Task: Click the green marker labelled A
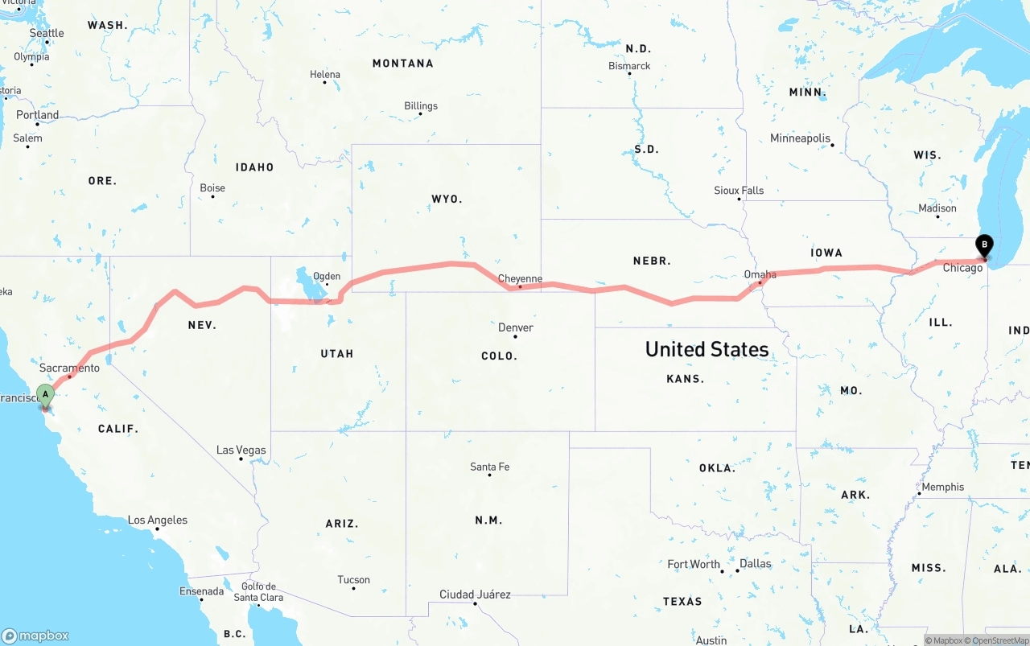(x=45, y=395)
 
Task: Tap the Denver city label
(x=515, y=327)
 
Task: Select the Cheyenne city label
(x=520, y=278)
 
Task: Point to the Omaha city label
(x=760, y=274)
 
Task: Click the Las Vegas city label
(x=241, y=450)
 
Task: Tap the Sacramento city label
(x=69, y=368)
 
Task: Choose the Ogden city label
(x=326, y=276)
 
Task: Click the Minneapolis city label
(x=800, y=138)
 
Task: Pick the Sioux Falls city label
(x=739, y=190)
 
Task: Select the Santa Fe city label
(x=489, y=467)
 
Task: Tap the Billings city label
(x=421, y=105)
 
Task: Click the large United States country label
(x=707, y=349)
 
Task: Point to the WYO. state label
(x=447, y=199)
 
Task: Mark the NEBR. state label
(x=652, y=261)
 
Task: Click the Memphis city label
(x=942, y=487)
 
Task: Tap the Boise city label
(x=212, y=187)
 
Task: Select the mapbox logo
(x=35, y=636)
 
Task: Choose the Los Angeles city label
(x=158, y=520)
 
